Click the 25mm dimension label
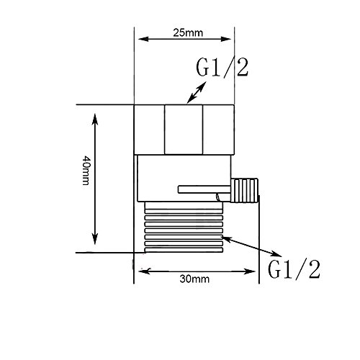[x=188, y=33]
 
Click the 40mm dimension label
[x=86, y=171]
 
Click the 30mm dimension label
[x=194, y=279]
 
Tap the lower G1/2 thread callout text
[x=294, y=269]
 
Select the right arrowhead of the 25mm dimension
[x=225, y=39]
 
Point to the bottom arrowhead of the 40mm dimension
[x=95, y=239]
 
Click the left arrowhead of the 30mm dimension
[x=145, y=271]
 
